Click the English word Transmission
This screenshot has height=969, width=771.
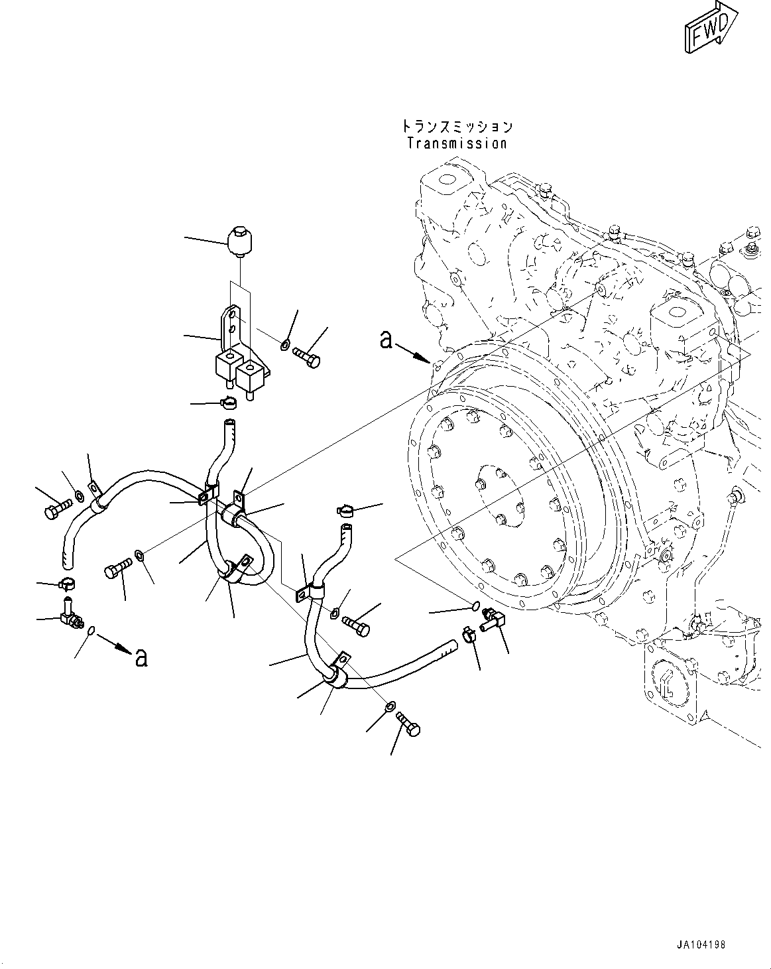pos(457,143)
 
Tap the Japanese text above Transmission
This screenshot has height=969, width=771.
pos(457,127)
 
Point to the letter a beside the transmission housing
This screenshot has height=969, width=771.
pos(386,340)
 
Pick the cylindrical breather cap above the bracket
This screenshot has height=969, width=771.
pos(241,243)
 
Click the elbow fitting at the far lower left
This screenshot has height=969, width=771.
pos(69,617)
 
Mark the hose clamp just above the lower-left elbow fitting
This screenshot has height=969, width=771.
pos(67,584)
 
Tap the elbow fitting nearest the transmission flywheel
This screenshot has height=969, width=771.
pos(494,620)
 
